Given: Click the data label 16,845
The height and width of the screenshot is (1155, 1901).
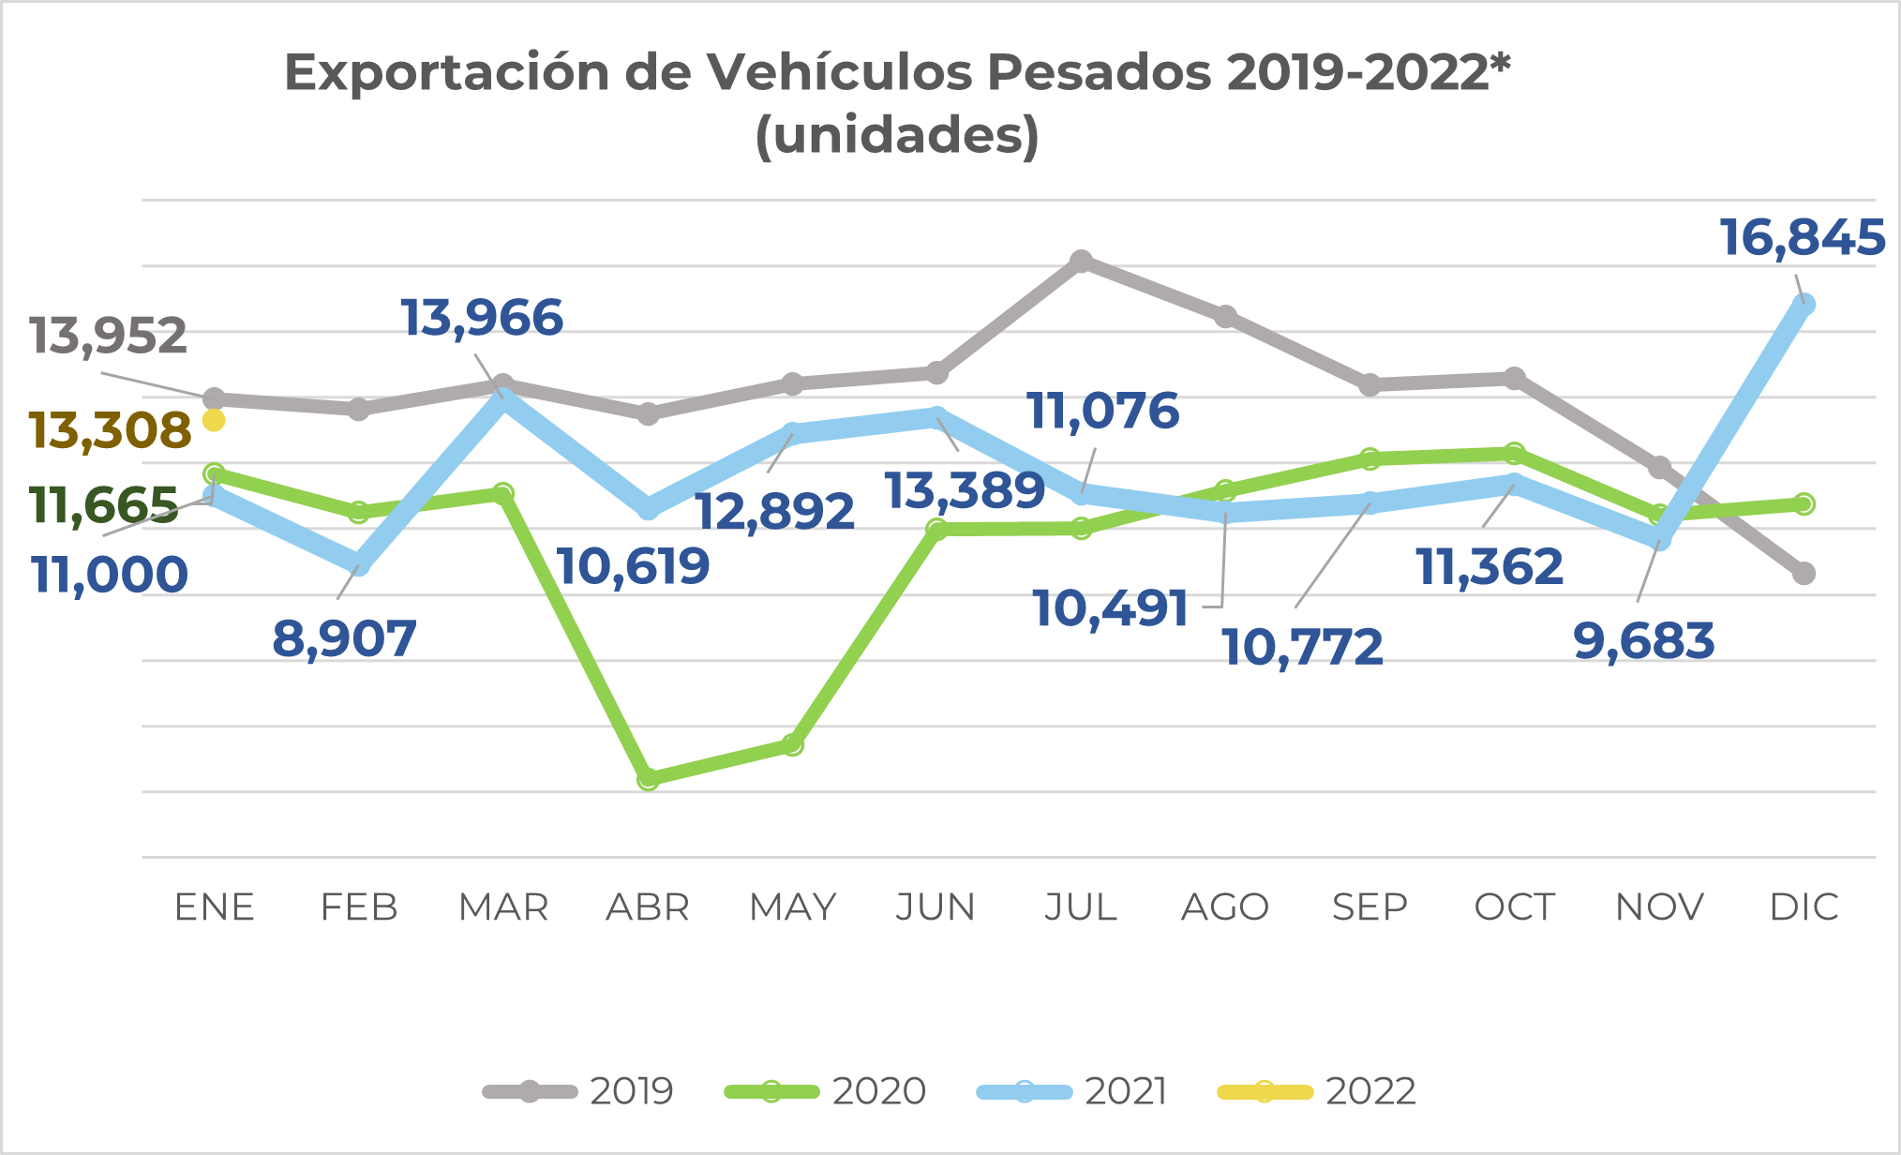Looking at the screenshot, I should [1802, 237].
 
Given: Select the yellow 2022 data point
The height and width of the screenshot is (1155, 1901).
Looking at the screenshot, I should [215, 420].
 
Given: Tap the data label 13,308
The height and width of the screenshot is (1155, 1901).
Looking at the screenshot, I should [110, 430].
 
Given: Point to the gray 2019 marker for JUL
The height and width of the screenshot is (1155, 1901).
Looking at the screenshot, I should [1081, 261].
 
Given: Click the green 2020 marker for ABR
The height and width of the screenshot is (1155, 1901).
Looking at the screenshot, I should [648, 779].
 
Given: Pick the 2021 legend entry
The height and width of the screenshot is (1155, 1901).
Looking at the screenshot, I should [1072, 1091].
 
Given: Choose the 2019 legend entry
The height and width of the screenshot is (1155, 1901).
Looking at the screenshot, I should [578, 1091].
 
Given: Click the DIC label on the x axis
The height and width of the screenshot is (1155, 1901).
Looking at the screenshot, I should [1804, 907].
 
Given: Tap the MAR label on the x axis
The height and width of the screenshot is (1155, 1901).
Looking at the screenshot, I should [503, 907].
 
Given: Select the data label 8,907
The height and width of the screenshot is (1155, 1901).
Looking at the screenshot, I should [344, 639].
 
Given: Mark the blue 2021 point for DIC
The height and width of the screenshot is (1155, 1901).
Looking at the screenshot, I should [1804, 305].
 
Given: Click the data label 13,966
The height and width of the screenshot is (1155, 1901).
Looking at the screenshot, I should [482, 318].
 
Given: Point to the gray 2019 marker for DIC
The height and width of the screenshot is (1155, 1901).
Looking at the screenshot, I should [1804, 573].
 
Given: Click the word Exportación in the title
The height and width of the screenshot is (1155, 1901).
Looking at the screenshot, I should [447, 73].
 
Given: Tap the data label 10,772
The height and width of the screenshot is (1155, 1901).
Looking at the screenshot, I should [1303, 648].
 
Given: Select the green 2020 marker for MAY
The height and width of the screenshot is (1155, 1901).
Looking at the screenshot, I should [792, 745].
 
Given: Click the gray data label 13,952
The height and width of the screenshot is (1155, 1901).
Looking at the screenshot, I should [108, 336].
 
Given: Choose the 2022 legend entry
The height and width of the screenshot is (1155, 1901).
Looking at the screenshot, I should [1317, 1091].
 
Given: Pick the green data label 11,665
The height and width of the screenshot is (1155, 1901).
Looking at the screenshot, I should [103, 505].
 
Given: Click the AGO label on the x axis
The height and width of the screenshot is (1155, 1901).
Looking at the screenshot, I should [1225, 907].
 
